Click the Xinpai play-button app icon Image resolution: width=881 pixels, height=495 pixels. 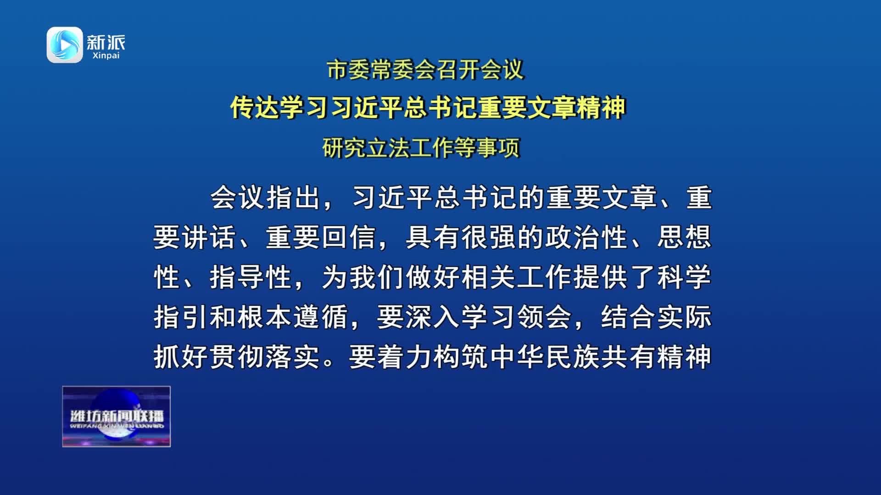click(x=65, y=45)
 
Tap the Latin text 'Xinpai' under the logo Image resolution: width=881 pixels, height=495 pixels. click(x=106, y=55)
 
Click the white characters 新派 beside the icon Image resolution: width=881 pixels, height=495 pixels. click(x=106, y=42)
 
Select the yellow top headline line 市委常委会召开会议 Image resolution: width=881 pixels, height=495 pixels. click(x=425, y=70)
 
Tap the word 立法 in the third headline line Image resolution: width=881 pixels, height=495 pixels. click(x=388, y=148)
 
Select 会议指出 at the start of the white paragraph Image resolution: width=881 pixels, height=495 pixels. click(x=265, y=198)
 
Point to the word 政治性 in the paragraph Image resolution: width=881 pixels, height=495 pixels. click(x=586, y=237)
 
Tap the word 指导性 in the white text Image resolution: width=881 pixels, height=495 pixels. click(x=251, y=277)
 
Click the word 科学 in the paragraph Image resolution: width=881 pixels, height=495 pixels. click(x=684, y=277)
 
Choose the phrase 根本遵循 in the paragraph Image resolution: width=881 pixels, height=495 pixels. click(x=293, y=317)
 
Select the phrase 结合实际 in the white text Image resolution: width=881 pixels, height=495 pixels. click(x=656, y=317)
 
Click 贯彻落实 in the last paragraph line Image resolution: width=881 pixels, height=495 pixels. click(x=265, y=357)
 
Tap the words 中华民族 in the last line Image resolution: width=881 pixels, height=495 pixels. click(x=545, y=357)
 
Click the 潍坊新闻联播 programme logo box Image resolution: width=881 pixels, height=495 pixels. click(x=117, y=416)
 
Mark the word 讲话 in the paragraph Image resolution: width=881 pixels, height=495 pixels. click(x=209, y=237)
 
